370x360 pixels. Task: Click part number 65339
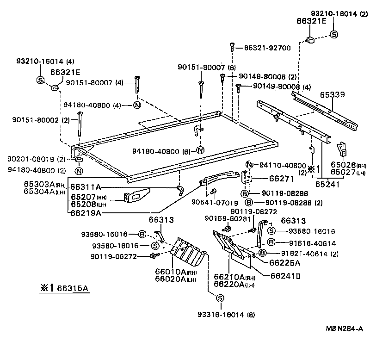pyautogui.click(x=332, y=94)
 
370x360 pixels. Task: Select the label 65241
pyautogui.click(x=327, y=184)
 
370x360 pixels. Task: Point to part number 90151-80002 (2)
pyautogui.click(x=41, y=120)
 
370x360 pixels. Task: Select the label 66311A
pyautogui.click(x=86, y=187)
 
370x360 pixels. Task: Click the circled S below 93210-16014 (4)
pyautogui.click(x=40, y=80)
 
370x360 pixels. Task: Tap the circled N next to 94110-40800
pyautogui.click(x=249, y=165)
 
